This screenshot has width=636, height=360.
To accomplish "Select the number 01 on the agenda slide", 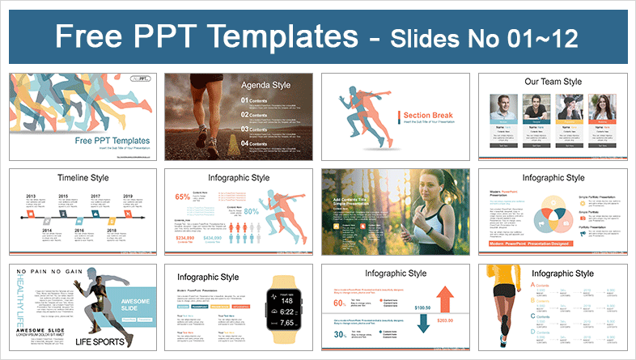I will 245,101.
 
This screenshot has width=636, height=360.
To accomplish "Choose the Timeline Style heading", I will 62,179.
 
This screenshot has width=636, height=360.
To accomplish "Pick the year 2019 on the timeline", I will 128,197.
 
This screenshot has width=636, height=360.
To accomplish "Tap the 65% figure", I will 182,197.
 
